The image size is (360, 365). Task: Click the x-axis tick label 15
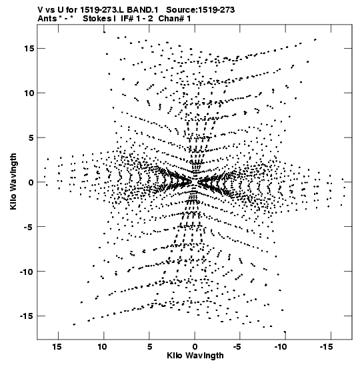[57, 347]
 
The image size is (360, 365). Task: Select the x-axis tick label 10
[103, 347]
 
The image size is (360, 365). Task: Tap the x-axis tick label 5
[149, 347]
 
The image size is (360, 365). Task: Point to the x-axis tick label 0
[195, 347]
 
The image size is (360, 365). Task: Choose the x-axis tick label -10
[281, 347]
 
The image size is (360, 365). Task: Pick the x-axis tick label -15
[326, 347]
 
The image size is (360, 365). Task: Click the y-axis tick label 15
[29, 49]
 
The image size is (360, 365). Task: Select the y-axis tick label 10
[29, 93]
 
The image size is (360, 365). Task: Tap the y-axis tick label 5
[31, 138]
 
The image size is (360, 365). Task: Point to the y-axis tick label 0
[31, 182]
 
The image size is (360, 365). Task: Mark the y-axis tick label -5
[29, 227]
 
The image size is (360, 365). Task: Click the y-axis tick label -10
[27, 272]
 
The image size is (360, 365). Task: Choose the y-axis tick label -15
[27, 316]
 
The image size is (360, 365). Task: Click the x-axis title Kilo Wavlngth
[195, 356]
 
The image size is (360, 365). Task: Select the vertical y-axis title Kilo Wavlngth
[13, 181]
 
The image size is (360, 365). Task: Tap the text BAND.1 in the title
[143, 10]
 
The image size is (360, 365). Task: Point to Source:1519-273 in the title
[201, 10]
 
